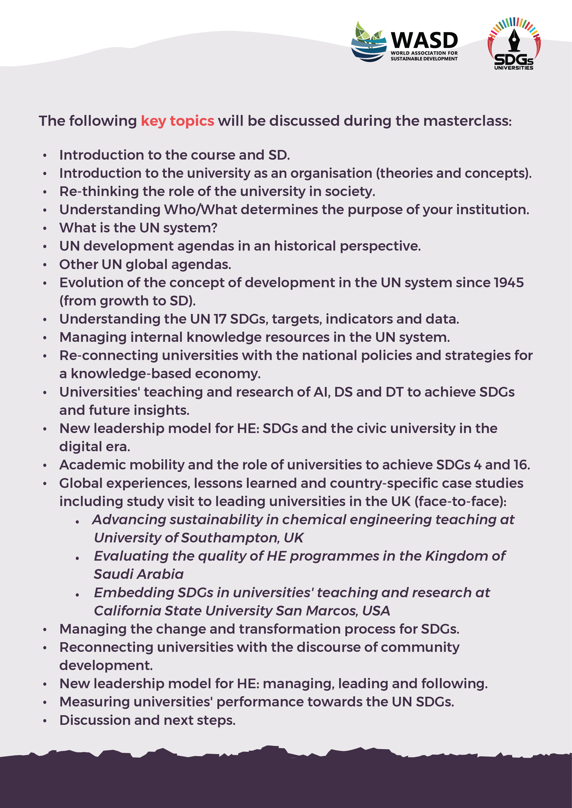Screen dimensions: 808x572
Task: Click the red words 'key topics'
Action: pyautogui.click(x=178, y=121)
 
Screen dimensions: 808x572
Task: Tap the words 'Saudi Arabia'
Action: pyautogui.click(x=139, y=574)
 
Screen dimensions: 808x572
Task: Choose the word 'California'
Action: pyautogui.click(x=127, y=611)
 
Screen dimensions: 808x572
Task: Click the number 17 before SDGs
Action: pyautogui.click(x=220, y=319)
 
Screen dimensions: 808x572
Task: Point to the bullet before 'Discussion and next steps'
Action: pyautogui.click(x=45, y=721)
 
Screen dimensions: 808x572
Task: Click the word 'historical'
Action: pyautogui.click(x=305, y=246)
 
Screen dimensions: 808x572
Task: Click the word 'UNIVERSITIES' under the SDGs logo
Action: pyautogui.click(x=513, y=68)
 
